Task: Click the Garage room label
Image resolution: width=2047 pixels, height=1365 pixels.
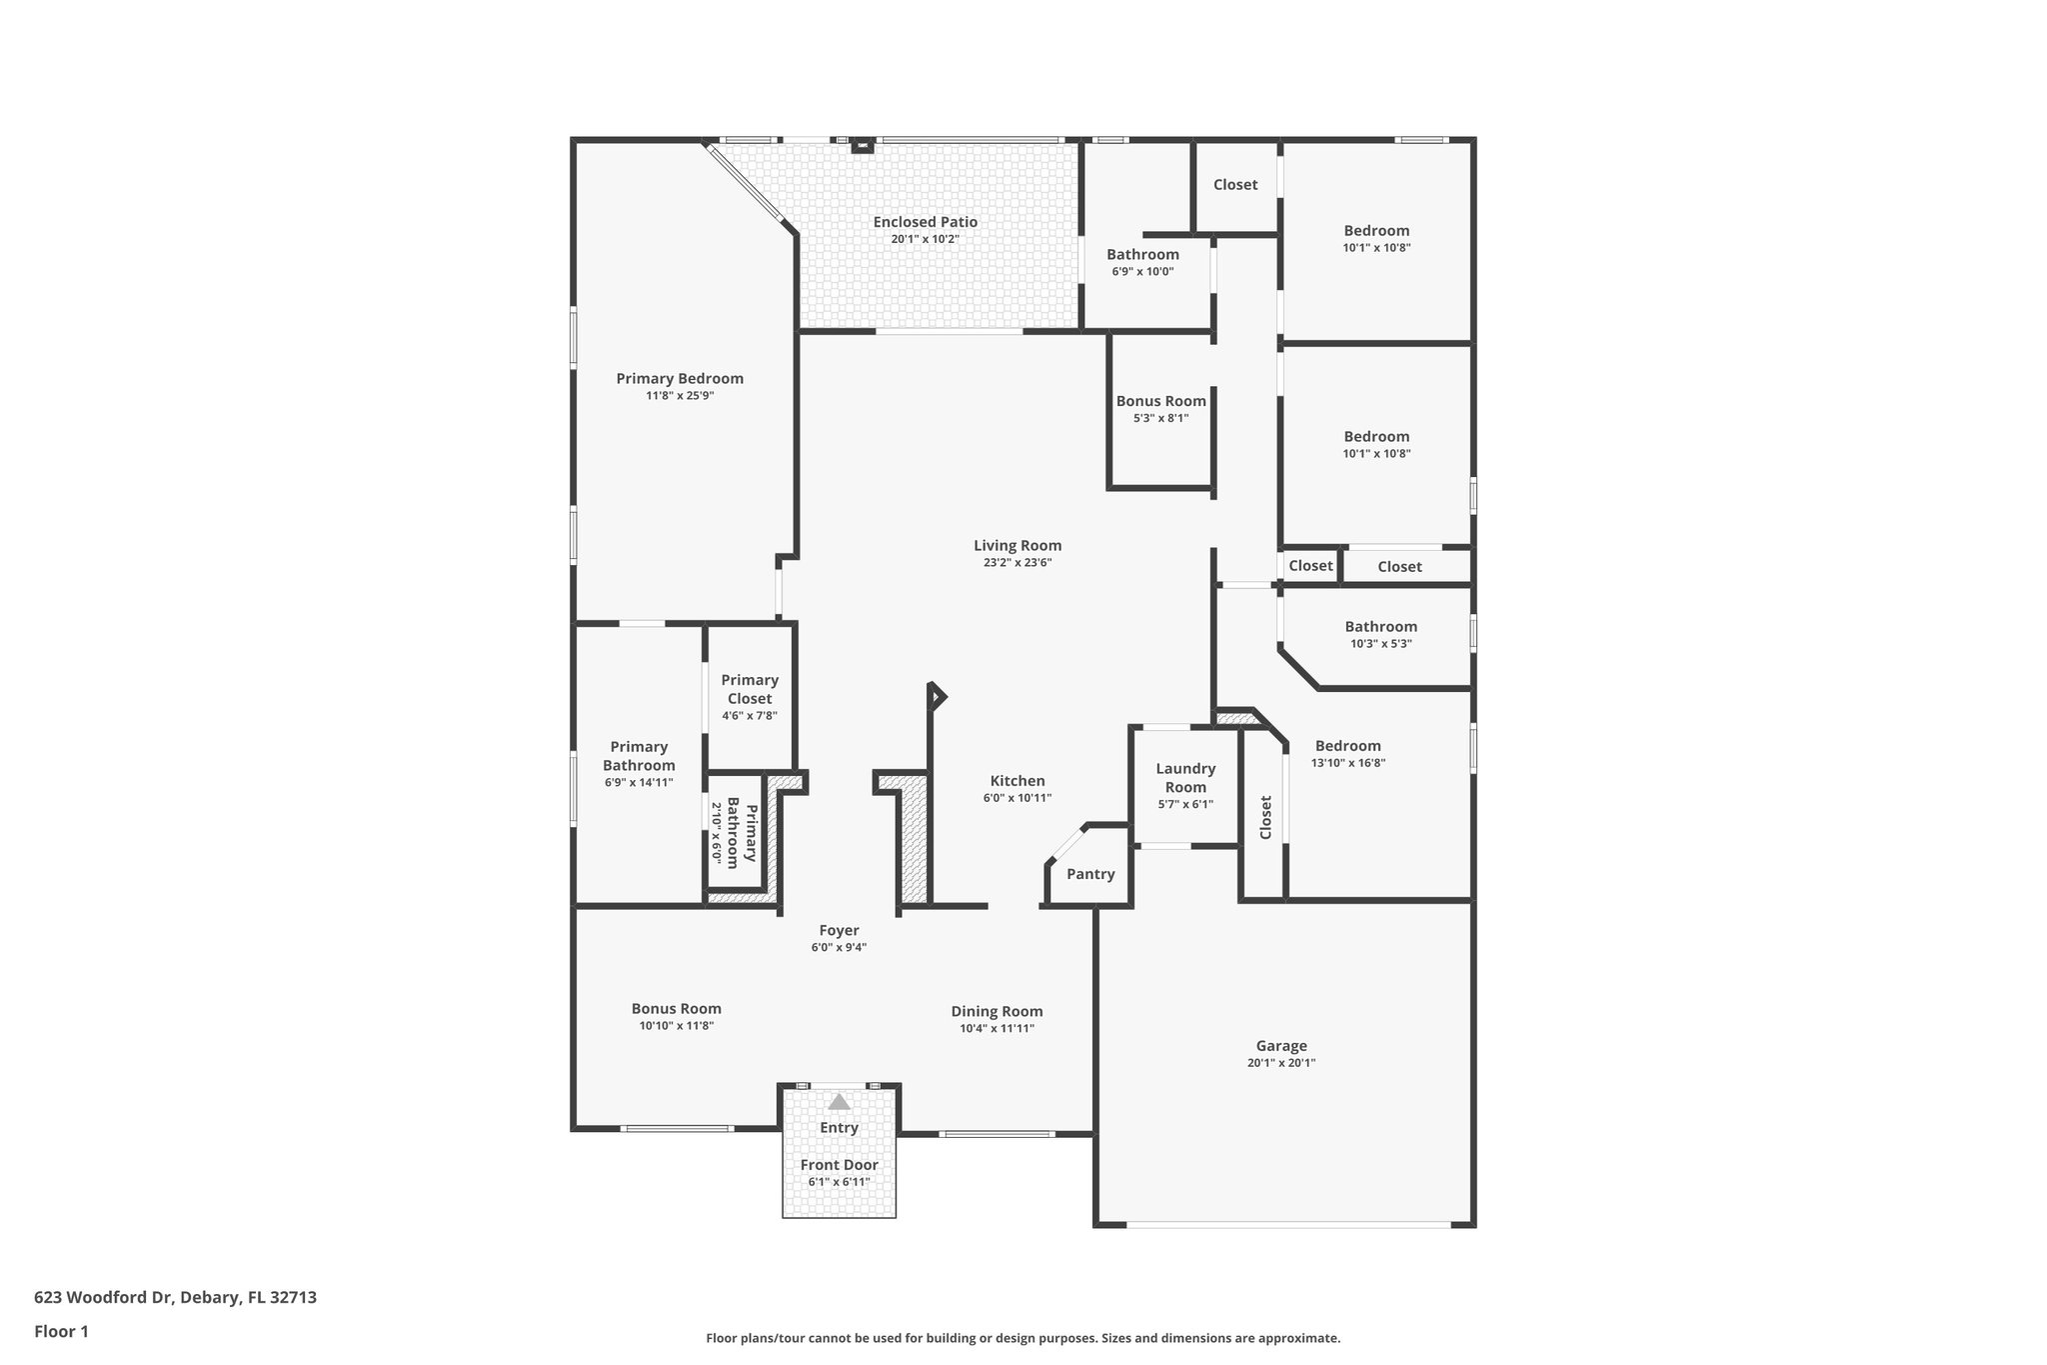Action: [1280, 1046]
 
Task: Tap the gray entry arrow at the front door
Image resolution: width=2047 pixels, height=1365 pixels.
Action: [839, 1102]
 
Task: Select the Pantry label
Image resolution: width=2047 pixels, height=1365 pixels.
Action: [1089, 874]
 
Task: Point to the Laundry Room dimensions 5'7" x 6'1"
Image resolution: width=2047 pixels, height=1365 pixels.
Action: [1185, 804]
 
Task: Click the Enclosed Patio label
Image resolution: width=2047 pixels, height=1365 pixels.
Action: [925, 222]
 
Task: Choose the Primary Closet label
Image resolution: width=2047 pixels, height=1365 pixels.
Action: [750, 689]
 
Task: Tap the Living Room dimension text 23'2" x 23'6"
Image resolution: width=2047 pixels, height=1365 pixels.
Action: [1017, 563]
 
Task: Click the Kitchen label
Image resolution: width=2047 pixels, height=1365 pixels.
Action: [1017, 781]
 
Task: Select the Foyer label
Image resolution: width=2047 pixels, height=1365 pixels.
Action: [839, 930]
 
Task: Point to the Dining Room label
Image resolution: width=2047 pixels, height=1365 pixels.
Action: [997, 1011]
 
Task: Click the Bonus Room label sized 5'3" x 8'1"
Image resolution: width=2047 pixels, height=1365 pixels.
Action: [1160, 401]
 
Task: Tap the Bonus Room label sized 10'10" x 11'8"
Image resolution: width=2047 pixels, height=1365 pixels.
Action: [676, 1008]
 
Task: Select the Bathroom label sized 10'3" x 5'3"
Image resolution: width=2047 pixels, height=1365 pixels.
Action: [1380, 626]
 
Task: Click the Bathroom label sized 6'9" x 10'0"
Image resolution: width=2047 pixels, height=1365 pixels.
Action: [1142, 254]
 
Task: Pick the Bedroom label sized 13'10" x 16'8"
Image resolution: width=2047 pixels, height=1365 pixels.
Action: [1347, 745]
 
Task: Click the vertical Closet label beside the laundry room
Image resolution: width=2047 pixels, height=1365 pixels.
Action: [1265, 817]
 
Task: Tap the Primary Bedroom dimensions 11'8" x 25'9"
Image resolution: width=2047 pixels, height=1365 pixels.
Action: [680, 396]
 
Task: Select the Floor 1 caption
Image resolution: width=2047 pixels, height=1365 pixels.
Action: [61, 1331]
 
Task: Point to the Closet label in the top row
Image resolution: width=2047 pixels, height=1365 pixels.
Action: [1234, 184]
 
